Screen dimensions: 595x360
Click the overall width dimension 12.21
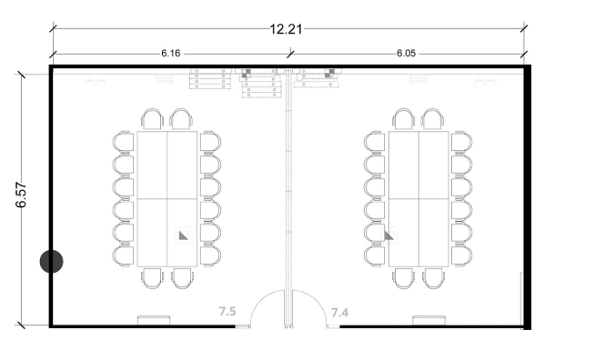(x=286, y=29)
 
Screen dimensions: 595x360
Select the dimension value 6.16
(x=171, y=54)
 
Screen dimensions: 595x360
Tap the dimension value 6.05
(x=406, y=54)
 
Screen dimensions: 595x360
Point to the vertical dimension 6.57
(x=21, y=195)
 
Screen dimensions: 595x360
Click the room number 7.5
(x=227, y=312)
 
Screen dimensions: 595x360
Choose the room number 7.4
(x=339, y=313)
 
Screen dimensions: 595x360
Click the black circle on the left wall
(x=52, y=262)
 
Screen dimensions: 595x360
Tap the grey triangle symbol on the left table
(x=183, y=236)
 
